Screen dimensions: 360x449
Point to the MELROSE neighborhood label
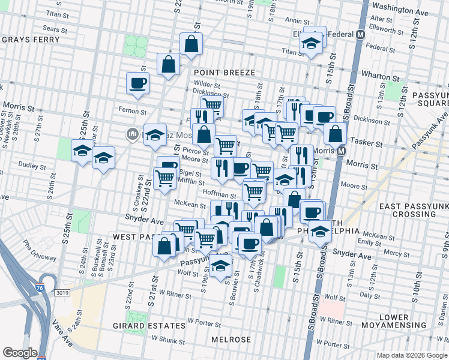click(x=227, y=340)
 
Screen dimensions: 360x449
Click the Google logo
click(x=20, y=353)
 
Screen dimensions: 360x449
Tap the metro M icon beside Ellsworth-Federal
click(x=361, y=35)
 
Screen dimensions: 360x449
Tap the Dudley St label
click(x=28, y=164)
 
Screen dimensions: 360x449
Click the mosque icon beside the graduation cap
click(x=132, y=133)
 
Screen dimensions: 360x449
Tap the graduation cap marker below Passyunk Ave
click(x=221, y=266)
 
